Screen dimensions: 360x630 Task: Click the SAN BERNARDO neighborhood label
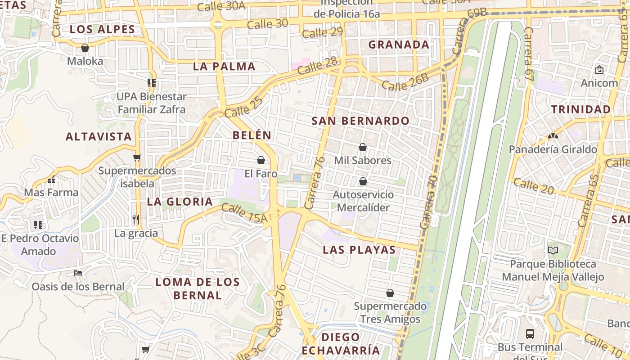[x=360, y=121]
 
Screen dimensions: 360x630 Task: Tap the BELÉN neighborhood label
[x=252, y=135]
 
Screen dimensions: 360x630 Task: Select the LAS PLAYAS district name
[x=359, y=250]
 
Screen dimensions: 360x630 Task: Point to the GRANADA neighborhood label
[x=399, y=45]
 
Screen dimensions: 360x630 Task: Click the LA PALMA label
[x=224, y=67]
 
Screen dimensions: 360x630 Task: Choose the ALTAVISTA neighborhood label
[x=99, y=137]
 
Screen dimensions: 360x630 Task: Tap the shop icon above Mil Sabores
[x=363, y=147]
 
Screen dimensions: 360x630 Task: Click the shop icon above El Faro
[x=261, y=160]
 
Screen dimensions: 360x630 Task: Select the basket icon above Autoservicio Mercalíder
[x=363, y=181]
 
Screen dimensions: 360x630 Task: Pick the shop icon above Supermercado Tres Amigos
[x=390, y=293]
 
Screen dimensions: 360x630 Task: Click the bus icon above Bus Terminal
[x=530, y=334]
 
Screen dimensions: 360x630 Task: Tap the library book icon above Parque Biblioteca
[x=553, y=250]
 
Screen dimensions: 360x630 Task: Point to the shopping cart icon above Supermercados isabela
[x=137, y=157]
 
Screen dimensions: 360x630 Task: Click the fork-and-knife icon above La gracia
[x=136, y=220]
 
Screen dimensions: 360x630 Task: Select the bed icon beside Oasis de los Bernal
[x=78, y=273]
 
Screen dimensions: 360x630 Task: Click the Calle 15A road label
[x=244, y=213]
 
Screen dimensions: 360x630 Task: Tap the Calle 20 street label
[x=533, y=186]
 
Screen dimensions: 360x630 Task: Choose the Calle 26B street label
[x=405, y=82]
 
